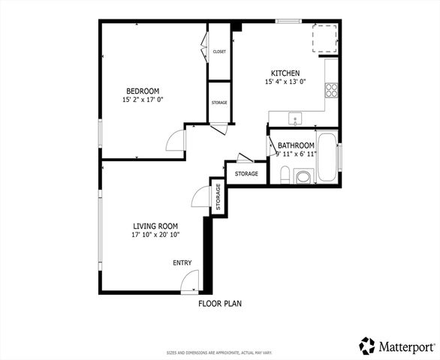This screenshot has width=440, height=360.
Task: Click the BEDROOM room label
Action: pyautogui.click(x=142, y=91)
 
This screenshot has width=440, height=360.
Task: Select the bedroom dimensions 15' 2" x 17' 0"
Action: pyautogui.click(x=142, y=100)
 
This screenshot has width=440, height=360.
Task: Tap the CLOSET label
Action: pyautogui.click(x=219, y=52)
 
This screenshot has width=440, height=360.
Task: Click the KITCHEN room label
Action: pyautogui.click(x=285, y=73)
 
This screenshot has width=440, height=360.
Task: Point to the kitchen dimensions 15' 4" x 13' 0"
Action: pyautogui.click(x=285, y=82)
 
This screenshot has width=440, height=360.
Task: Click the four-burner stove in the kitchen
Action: pyautogui.click(x=331, y=91)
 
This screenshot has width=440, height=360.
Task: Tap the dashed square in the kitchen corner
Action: pyautogui.click(x=326, y=38)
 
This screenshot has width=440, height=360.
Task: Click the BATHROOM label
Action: pyautogui.click(x=296, y=145)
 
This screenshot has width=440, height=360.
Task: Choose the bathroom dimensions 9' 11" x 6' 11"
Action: pyautogui.click(x=296, y=154)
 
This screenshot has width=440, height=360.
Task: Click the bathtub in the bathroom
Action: pyautogui.click(x=327, y=157)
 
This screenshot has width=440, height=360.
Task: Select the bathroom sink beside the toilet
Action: pyautogui.click(x=303, y=177)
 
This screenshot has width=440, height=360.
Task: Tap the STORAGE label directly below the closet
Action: pyautogui.click(x=219, y=103)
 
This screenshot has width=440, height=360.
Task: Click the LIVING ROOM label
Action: pyautogui.click(x=155, y=226)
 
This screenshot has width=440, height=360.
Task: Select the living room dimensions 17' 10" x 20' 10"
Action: pyautogui.click(x=155, y=235)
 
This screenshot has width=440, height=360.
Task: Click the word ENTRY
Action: pyautogui.click(x=182, y=262)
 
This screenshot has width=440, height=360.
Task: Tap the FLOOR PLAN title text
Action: pyautogui.click(x=219, y=304)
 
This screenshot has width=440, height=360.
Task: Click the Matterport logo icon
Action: pyautogui.click(x=367, y=345)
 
